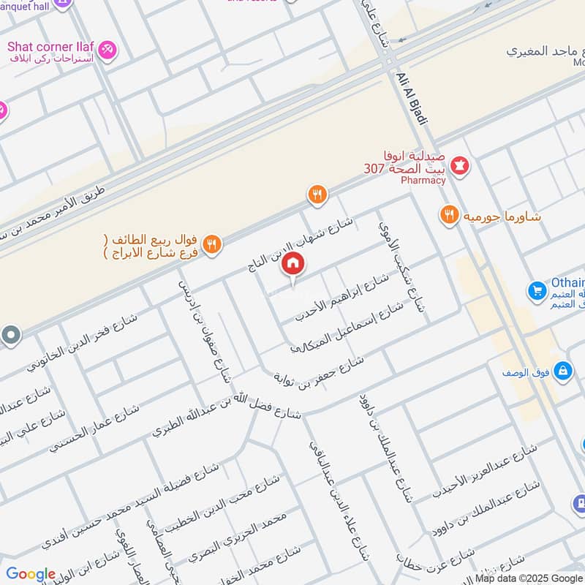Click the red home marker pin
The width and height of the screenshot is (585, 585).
292,265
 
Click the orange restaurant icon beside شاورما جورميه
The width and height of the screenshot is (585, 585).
449,215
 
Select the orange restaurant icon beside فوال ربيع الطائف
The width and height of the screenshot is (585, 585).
212,245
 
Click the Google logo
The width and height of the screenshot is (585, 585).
31,574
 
